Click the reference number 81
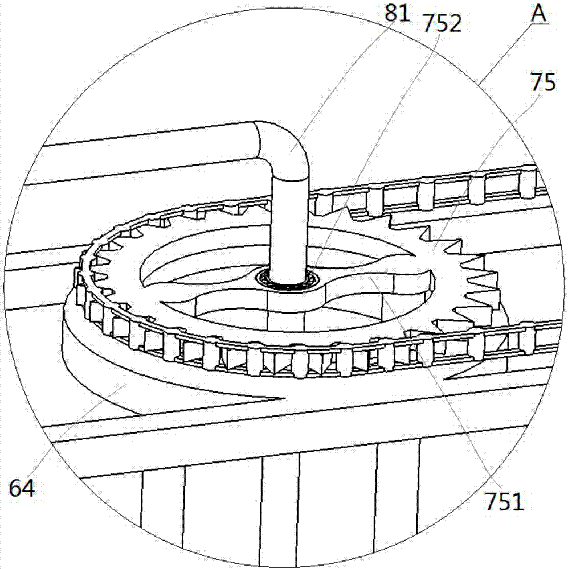click(x=397, y=13)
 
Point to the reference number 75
click(x=542, y=84)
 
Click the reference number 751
click(x=504, y=502)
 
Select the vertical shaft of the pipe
click(x=289, y=222)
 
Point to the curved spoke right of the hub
click(x=370, y=279)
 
